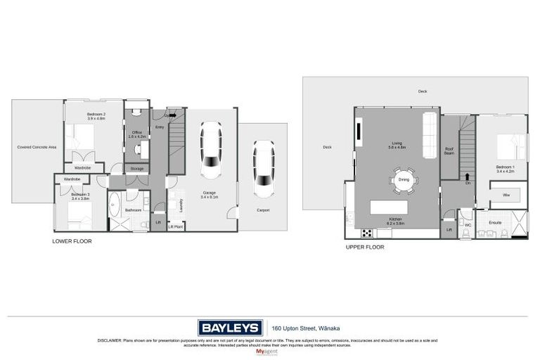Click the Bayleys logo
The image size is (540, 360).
[230, 328]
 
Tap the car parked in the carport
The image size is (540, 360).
[264, 169]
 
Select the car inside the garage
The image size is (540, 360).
[212, 150]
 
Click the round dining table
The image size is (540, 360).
[404, 179]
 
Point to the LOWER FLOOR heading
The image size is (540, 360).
[72, 241]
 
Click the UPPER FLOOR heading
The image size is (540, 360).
[364, 247]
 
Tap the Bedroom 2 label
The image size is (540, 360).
[96, 115]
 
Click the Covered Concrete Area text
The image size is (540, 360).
[37, 147]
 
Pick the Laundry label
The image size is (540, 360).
[181, 205]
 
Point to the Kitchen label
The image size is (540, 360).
[396, 219]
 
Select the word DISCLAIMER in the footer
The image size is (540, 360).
[110, 340]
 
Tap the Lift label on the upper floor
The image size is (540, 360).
[449, 230]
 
